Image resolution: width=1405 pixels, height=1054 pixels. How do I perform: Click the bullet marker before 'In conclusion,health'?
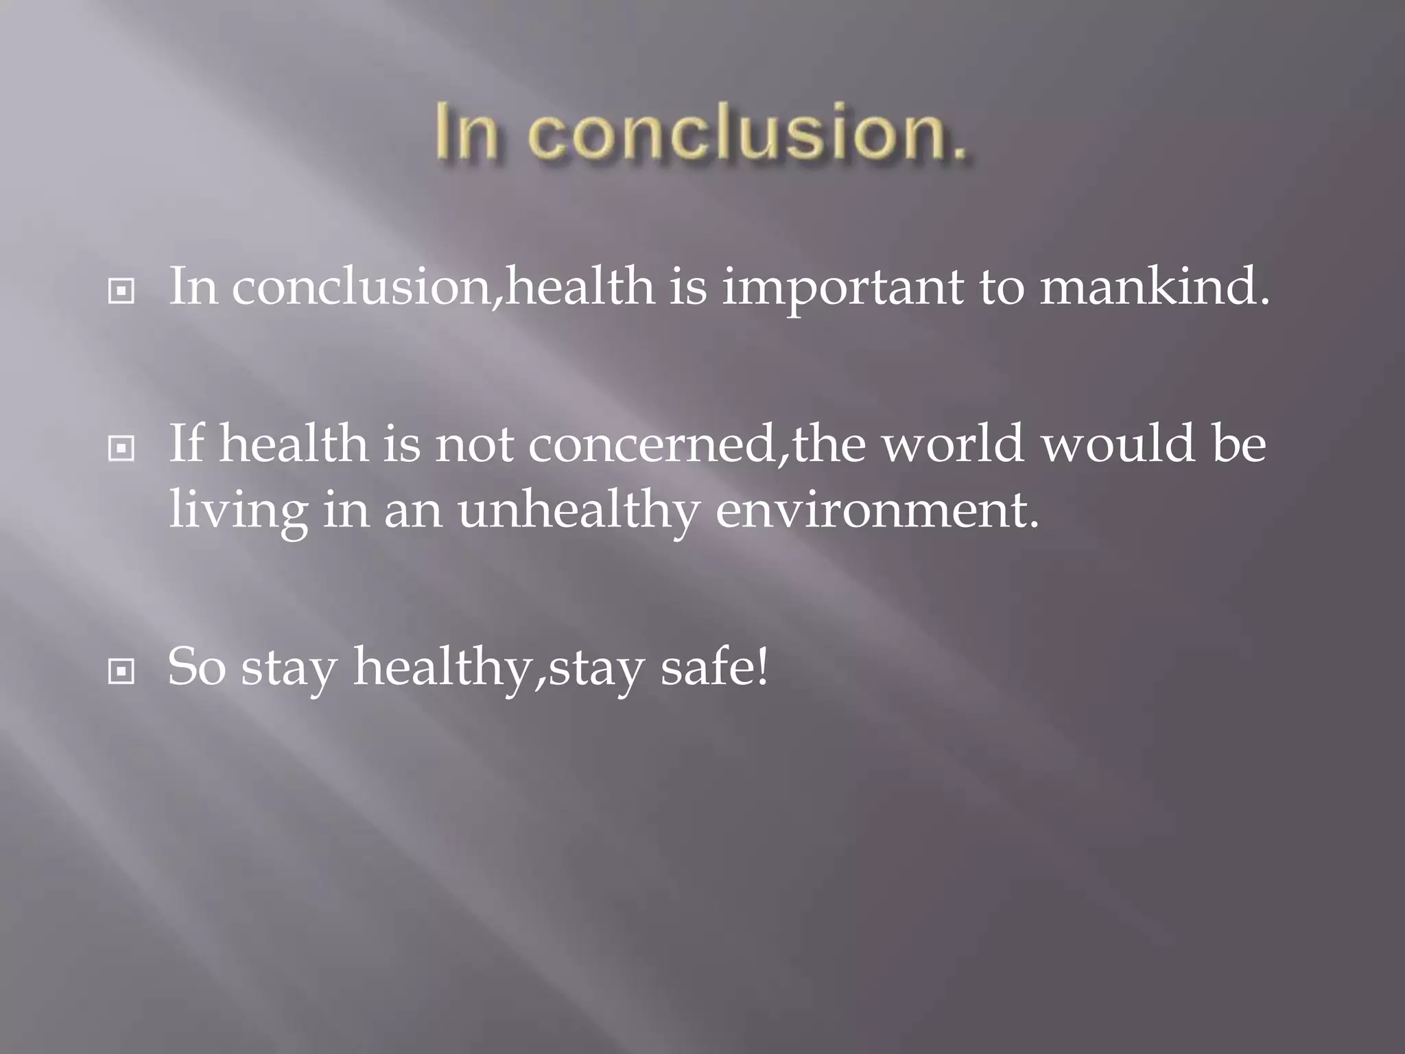pos(121,292)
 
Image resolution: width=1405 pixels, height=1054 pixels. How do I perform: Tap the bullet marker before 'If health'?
pos(121,449)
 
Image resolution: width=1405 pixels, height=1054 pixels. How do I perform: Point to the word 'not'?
pos(474,445)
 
